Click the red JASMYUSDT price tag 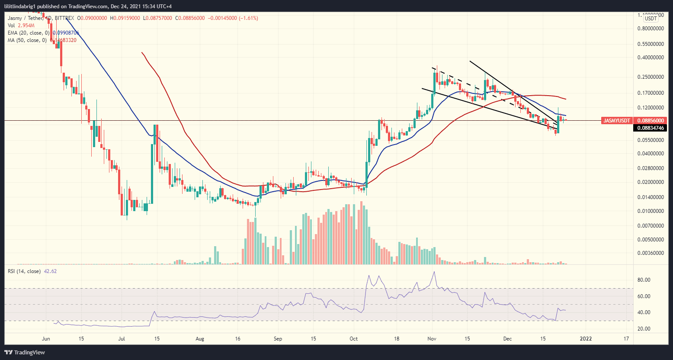tap(616, 120)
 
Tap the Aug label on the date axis tap(199, 339)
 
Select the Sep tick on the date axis tap(278, 339)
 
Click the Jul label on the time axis tap(122, 339)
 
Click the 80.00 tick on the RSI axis tap(644, 280)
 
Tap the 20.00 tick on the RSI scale tap(644, 329)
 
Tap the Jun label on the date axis tap(45, 339)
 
